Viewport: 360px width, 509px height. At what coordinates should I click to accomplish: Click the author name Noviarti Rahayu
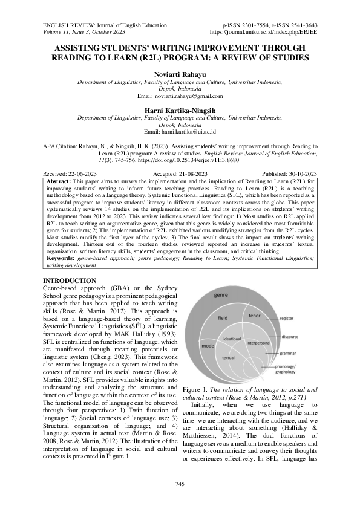(180, 74)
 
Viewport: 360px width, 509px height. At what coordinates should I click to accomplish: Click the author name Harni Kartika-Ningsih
(180, 109)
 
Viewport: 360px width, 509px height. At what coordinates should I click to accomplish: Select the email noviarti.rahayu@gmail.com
(180, 96)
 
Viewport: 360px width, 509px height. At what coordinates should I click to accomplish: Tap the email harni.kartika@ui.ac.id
(180, 132)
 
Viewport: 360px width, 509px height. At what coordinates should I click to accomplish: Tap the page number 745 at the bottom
(180, 484)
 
